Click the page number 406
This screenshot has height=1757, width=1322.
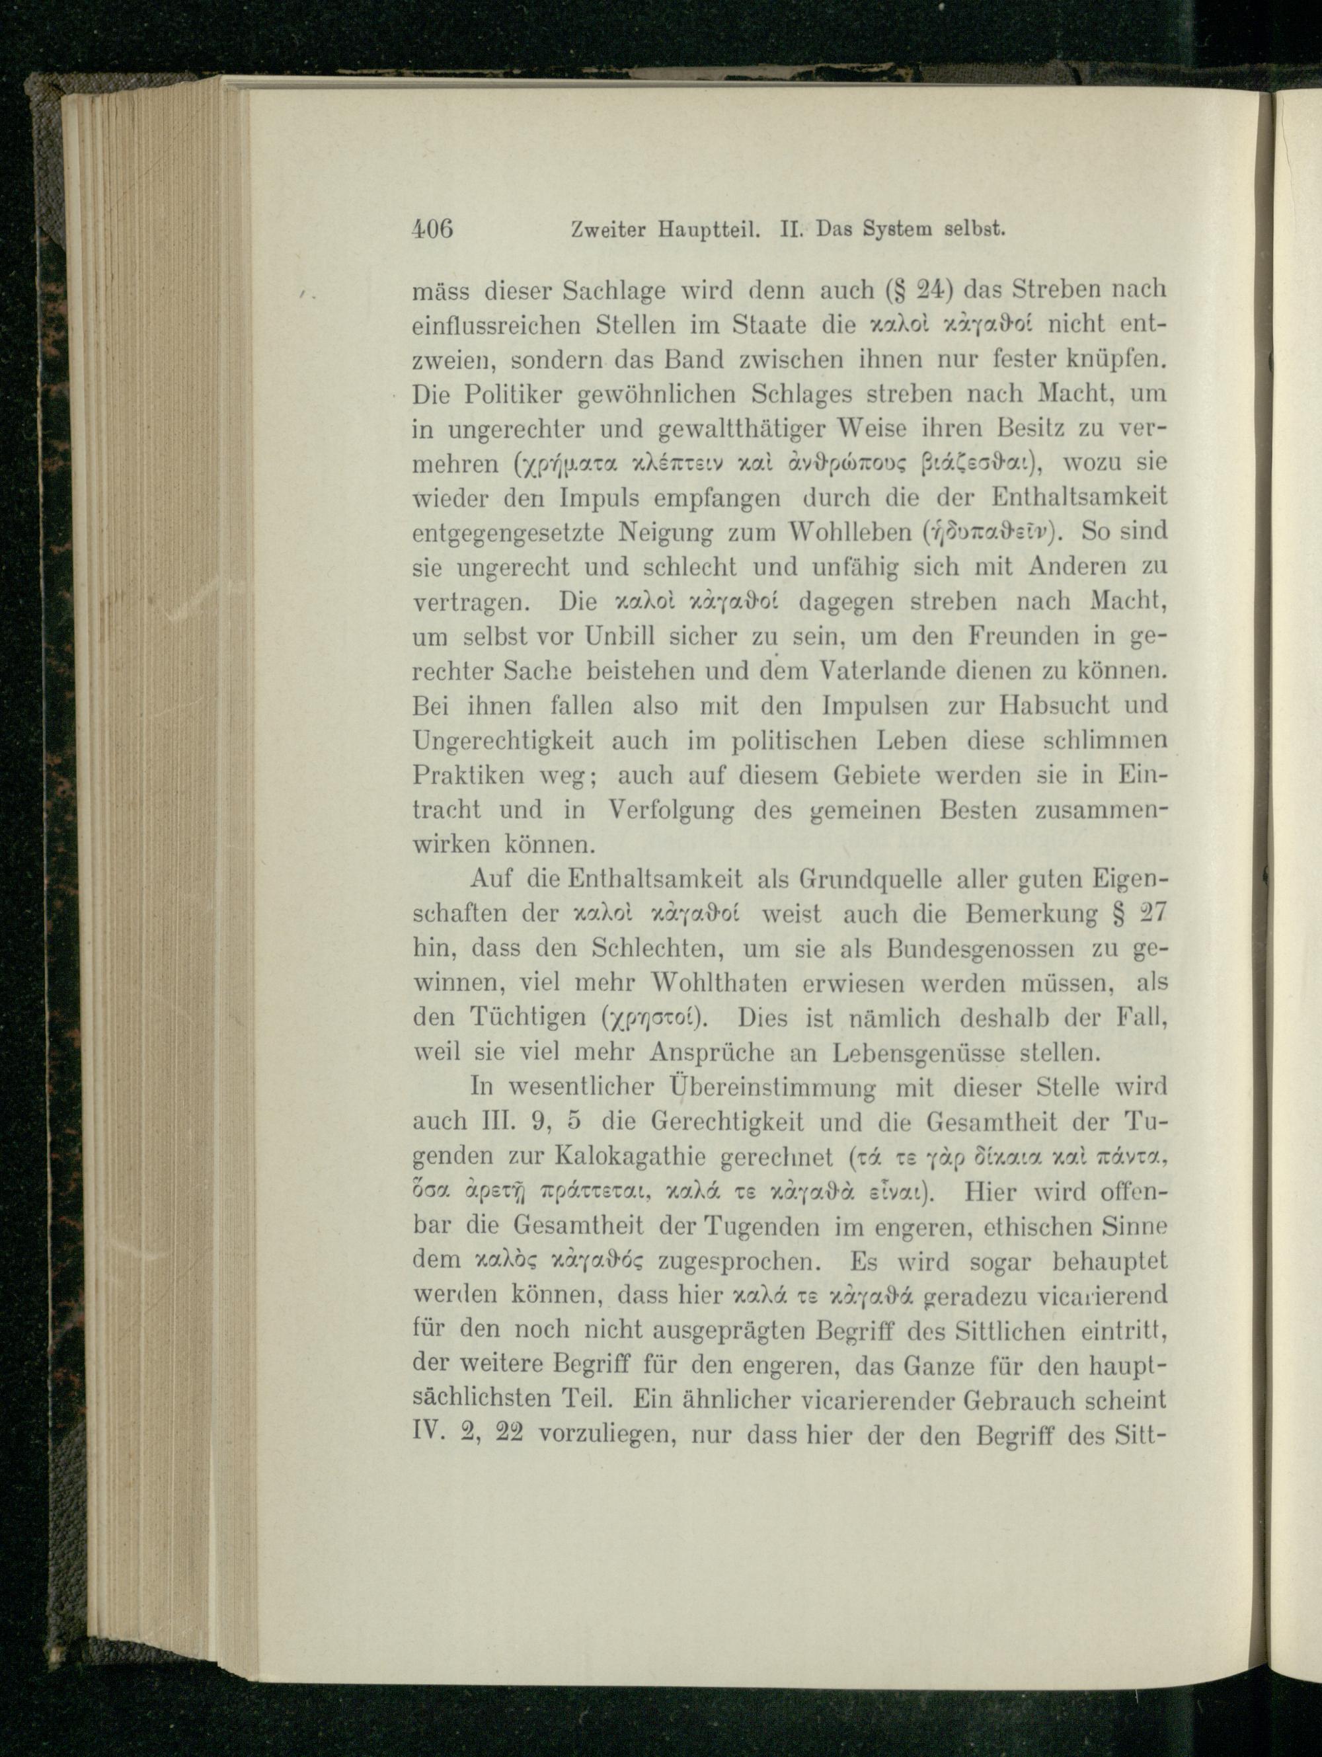tap(433, 229)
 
